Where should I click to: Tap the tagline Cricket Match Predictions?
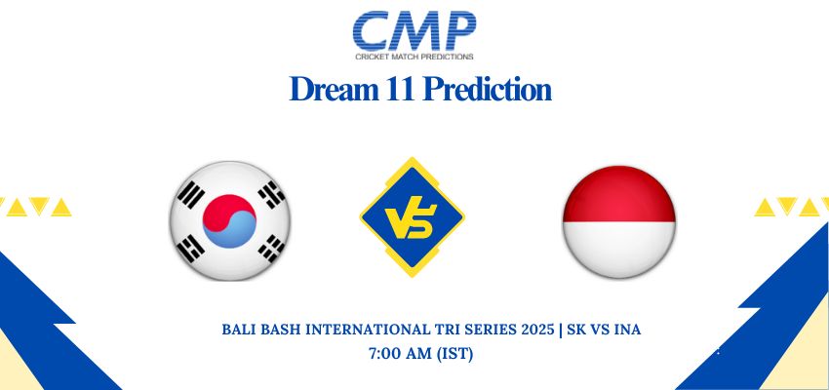coord(414,57)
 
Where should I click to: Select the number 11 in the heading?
coord(396,89)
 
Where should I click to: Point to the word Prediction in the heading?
coord(487,89)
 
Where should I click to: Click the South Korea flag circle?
coord(229,221)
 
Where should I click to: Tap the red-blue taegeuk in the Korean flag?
coord(229,221)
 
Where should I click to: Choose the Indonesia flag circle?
coord(618,221)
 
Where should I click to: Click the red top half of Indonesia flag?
coord(618,194)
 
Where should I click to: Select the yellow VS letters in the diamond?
coord(411,221)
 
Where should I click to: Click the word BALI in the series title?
coord(235,330)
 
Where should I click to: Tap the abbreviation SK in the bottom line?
coord(574,330)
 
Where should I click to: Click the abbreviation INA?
coord(628,330)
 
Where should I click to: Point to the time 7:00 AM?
coord(400,354)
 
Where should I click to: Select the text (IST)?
coord(454,354)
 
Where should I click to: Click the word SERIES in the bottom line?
coord(490,330)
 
